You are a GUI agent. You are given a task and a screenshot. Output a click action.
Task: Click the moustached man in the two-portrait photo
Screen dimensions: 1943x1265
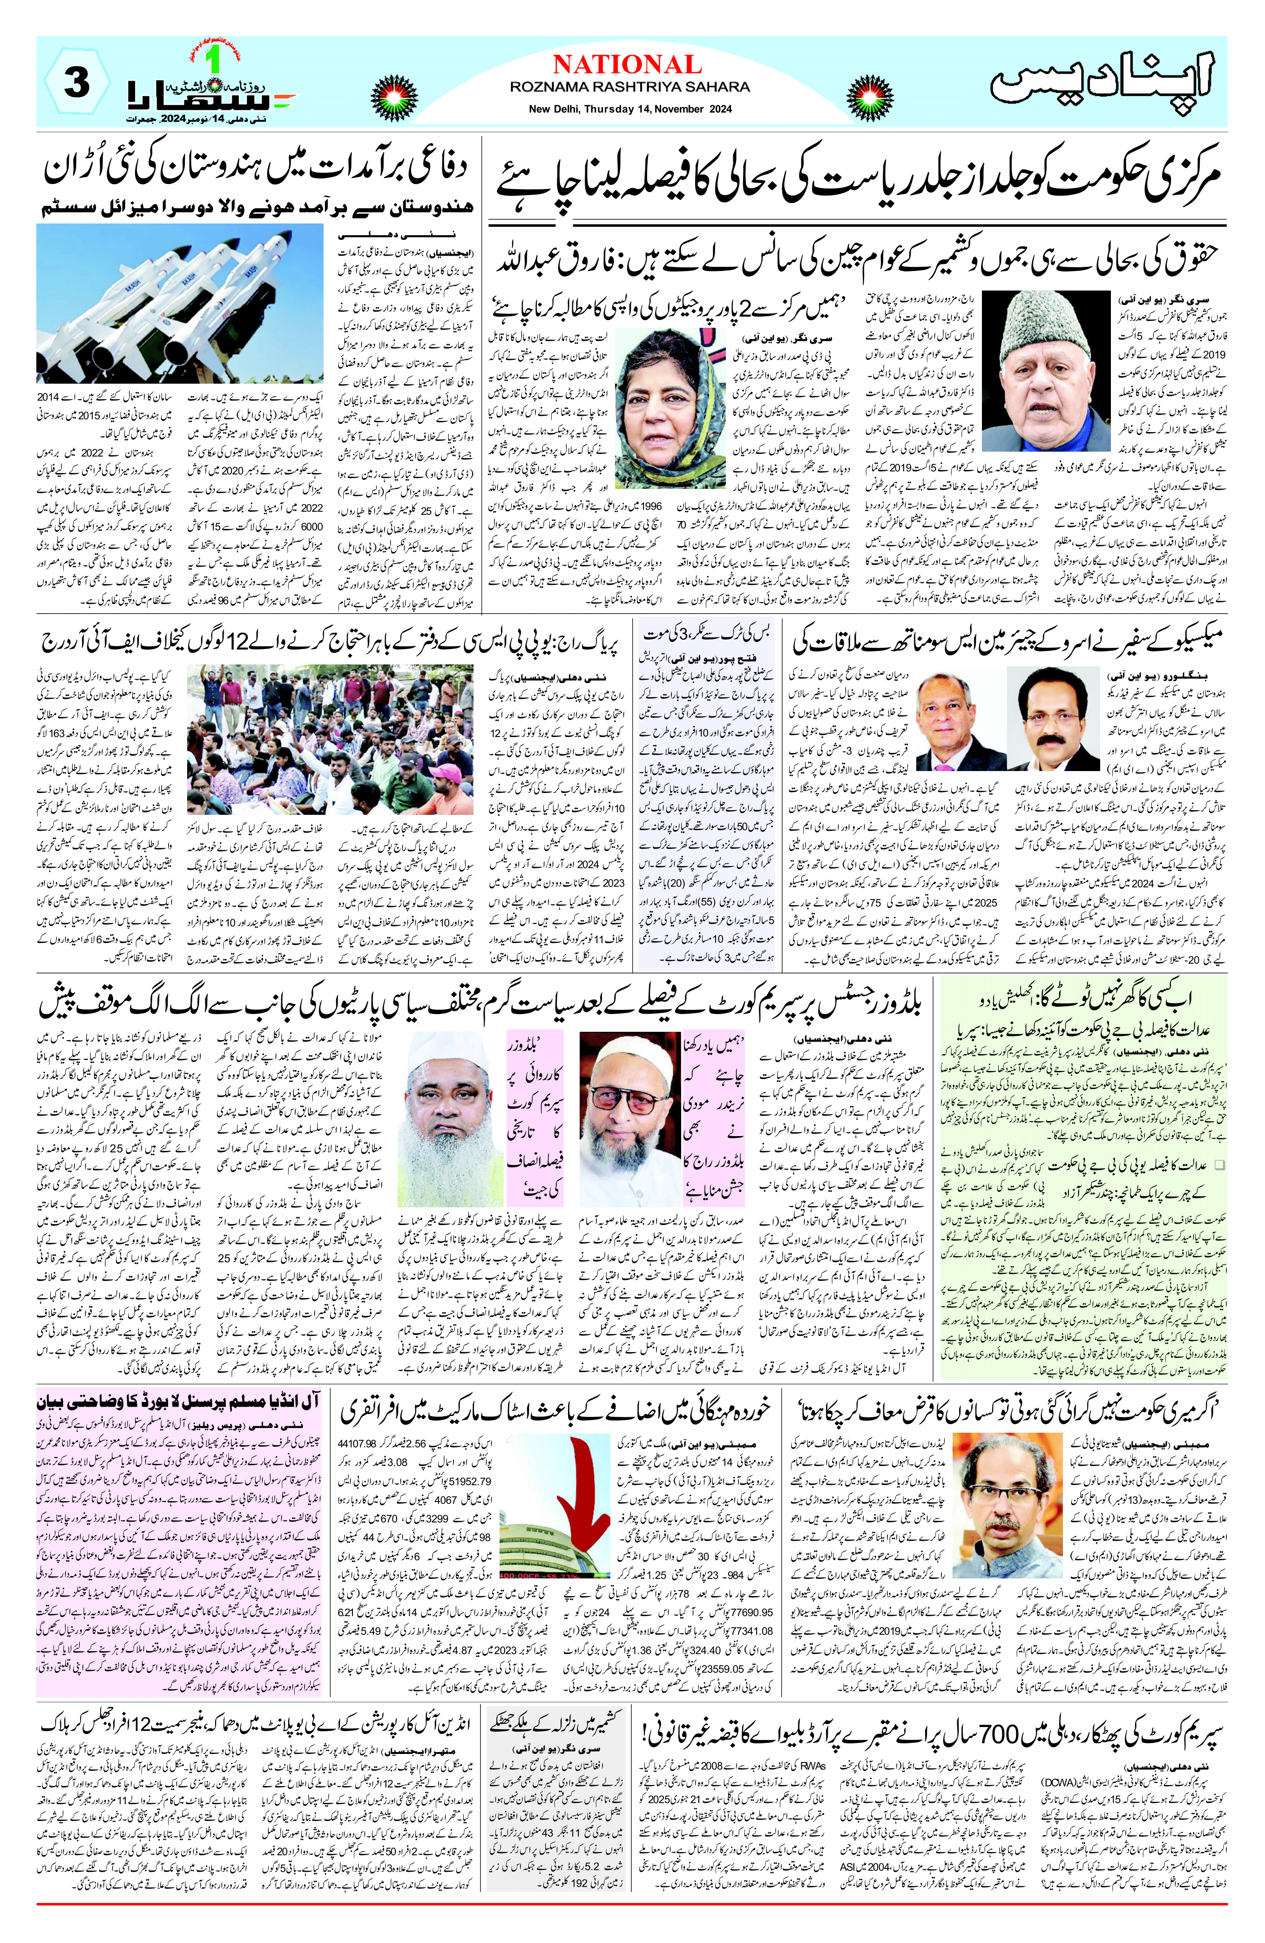point(1053,718)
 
